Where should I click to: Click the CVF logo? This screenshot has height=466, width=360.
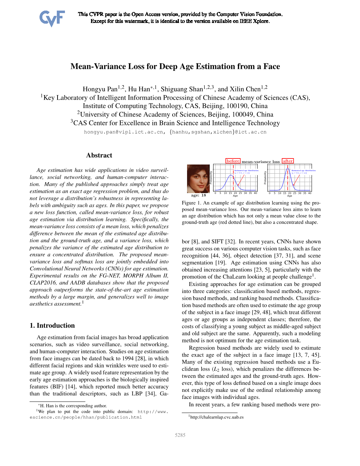pyautogui.click(x=52, y=18)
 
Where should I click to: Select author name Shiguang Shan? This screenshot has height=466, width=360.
pyautogui.click(x=182, y=89)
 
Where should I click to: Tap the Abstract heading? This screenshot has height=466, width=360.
pyautogui.click(x=99, y=155)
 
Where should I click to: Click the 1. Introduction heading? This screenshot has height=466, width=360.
pyautogui.click(x=52, y=325)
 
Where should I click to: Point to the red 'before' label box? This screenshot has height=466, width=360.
pyautogui.click(x=233, y=161)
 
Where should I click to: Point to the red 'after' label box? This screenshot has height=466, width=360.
pyautogui.click(x=288, y=161)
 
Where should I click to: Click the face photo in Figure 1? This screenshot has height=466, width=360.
pyautogui.click(x=198, y=178)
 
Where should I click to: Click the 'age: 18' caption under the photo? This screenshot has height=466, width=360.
pyautogui.click(x=198, y=195)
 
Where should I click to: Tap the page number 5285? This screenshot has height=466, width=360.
pyautogui.click(x=180, y=435)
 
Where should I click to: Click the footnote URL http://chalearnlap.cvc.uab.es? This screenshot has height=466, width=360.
pyautogui.click(x=217, y=417)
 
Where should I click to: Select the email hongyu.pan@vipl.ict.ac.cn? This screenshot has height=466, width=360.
pyautogui.click(x=124, y=132)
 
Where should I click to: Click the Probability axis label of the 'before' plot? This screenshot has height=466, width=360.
pyautogui.click(x=211, y=178)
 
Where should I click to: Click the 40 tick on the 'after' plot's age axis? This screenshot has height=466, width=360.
pyautogui.click(x=310, y=193)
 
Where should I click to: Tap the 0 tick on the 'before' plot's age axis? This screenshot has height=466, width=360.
pyautogui.click(x=215, y=193)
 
